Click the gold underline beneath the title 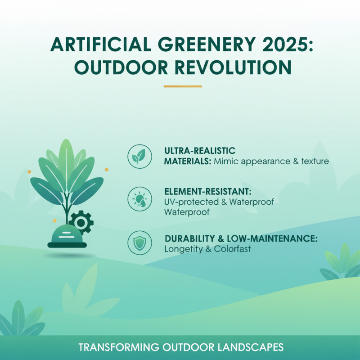[x=183, y=86]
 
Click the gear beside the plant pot [x=81, y=221]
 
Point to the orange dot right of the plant [x=107, y=170]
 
